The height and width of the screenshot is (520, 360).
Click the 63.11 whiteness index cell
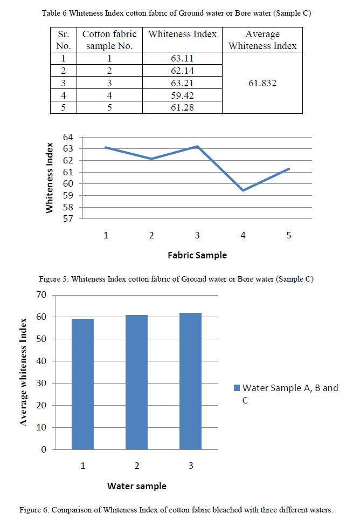(182, 59)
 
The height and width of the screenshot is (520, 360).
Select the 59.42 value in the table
(182, 95)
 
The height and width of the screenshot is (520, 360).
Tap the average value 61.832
(262, 84)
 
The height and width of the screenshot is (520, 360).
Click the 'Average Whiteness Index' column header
(262, 40)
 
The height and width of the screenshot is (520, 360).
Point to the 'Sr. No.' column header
(63, 40)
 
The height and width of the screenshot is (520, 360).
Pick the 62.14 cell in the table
(182, 71)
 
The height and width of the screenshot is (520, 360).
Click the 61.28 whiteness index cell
(182, 108)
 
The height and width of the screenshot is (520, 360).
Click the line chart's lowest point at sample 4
(243, 190)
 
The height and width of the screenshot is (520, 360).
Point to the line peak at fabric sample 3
(197, 146)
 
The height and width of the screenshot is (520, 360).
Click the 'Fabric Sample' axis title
(197, 255)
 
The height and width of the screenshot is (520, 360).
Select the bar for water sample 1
(82, 384)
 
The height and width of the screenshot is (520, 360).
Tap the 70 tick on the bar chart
(57, 295)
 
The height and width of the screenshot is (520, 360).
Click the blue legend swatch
(237, 388)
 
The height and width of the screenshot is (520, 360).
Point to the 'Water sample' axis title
(136, 486)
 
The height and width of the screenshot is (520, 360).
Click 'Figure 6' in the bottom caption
(33, 510)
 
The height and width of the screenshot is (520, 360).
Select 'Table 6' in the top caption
(55, 13)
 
